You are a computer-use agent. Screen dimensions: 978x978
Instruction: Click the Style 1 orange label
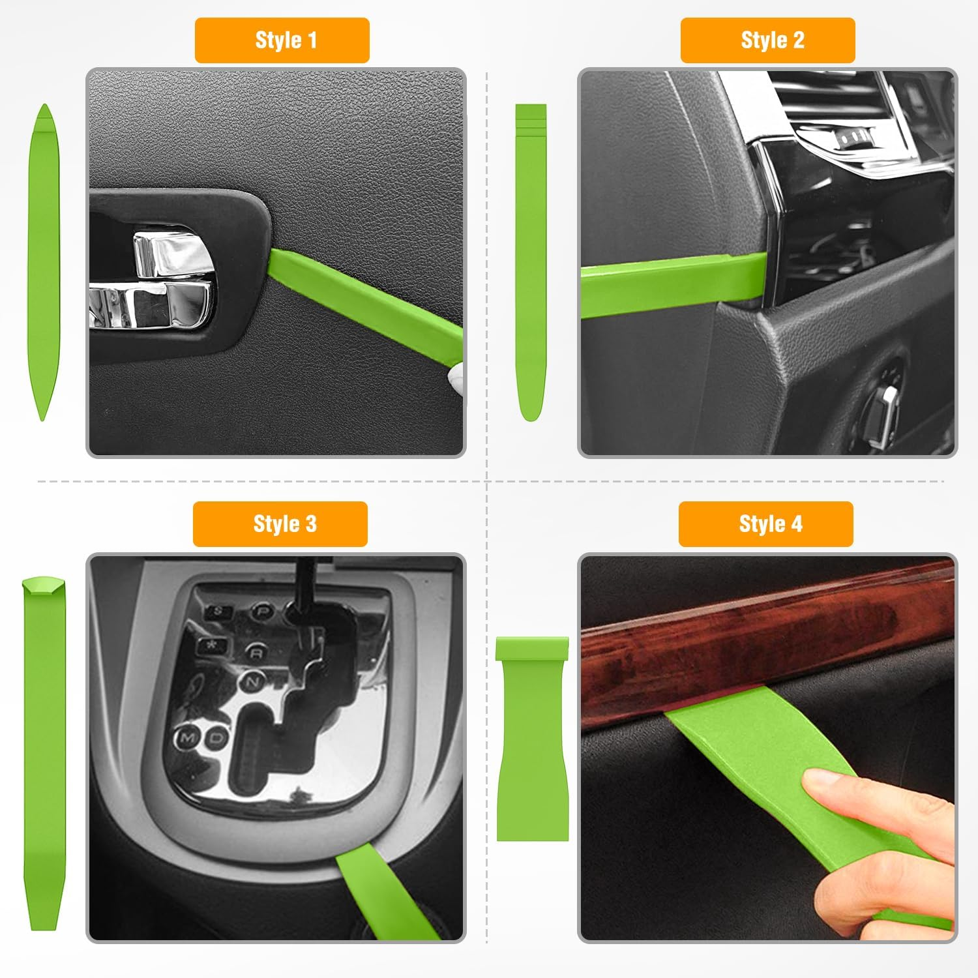282,40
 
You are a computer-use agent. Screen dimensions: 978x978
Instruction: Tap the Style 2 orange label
767,40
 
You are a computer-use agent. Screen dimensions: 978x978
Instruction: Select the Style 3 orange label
280,524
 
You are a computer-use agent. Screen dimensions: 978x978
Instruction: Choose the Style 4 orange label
765,524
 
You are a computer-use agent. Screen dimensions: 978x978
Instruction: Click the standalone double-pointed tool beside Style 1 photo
44,261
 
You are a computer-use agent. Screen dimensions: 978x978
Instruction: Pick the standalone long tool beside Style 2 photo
531,261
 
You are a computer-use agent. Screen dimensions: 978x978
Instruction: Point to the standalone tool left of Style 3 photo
44,750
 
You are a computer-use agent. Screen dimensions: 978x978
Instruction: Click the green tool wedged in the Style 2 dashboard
672,284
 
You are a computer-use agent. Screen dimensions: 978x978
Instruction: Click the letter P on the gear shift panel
262,611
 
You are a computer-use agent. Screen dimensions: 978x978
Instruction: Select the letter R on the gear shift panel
257,652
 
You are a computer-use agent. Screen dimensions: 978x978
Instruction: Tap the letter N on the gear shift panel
252,682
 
